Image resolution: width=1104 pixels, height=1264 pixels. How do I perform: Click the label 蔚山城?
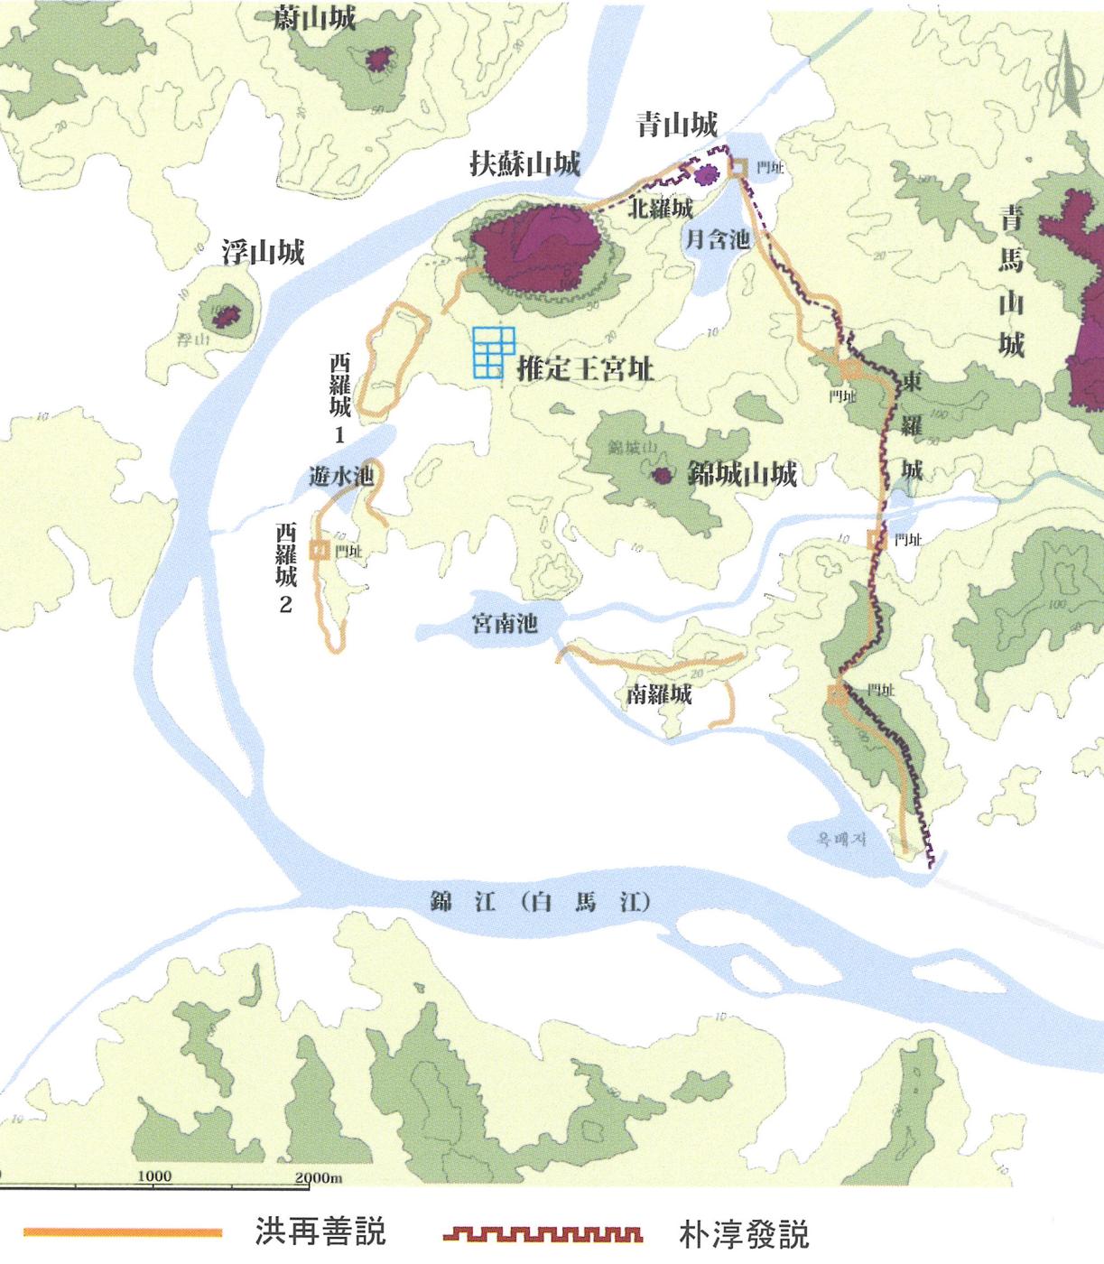[314, 18]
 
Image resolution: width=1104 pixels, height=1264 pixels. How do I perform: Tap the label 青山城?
[677, 125]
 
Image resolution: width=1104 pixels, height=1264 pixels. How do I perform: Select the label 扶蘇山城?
[524, 163]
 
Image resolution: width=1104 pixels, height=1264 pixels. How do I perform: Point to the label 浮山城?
[263, 253]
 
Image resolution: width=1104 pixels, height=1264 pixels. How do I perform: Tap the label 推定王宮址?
[585, 369]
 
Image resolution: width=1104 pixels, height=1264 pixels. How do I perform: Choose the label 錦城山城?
[742, 474]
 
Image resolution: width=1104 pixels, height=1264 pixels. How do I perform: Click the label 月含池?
[718, 238]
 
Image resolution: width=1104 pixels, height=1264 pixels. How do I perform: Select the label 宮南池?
[505, 624]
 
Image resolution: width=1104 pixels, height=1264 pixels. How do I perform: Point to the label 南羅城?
[659, 693]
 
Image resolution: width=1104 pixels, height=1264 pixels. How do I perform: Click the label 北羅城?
[661, 209]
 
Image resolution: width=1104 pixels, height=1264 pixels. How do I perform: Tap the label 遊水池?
[341, 476]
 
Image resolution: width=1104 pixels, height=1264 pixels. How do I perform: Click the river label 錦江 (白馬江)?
[541, 902]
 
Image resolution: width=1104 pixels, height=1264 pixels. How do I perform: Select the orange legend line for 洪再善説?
[123, 1231]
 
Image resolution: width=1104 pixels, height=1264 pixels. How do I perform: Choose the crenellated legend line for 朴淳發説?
[543, 1233]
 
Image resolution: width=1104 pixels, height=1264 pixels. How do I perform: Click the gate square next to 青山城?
[738, 167]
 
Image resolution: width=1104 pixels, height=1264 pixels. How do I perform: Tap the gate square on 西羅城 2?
[319, 549]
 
